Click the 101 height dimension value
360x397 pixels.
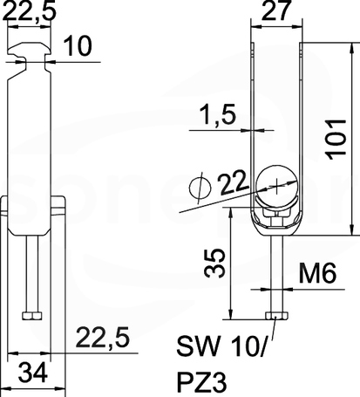click(x=337, y=139)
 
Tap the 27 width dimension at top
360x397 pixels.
click(x=276, y=10)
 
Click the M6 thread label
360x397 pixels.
click(x=318, y=273)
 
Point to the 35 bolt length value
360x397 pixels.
click(x=215, y=263)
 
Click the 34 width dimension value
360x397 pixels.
click(x=33, y=373)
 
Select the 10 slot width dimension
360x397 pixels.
click(x=78, y=45)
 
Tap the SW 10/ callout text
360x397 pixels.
click(x=221, y=346)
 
